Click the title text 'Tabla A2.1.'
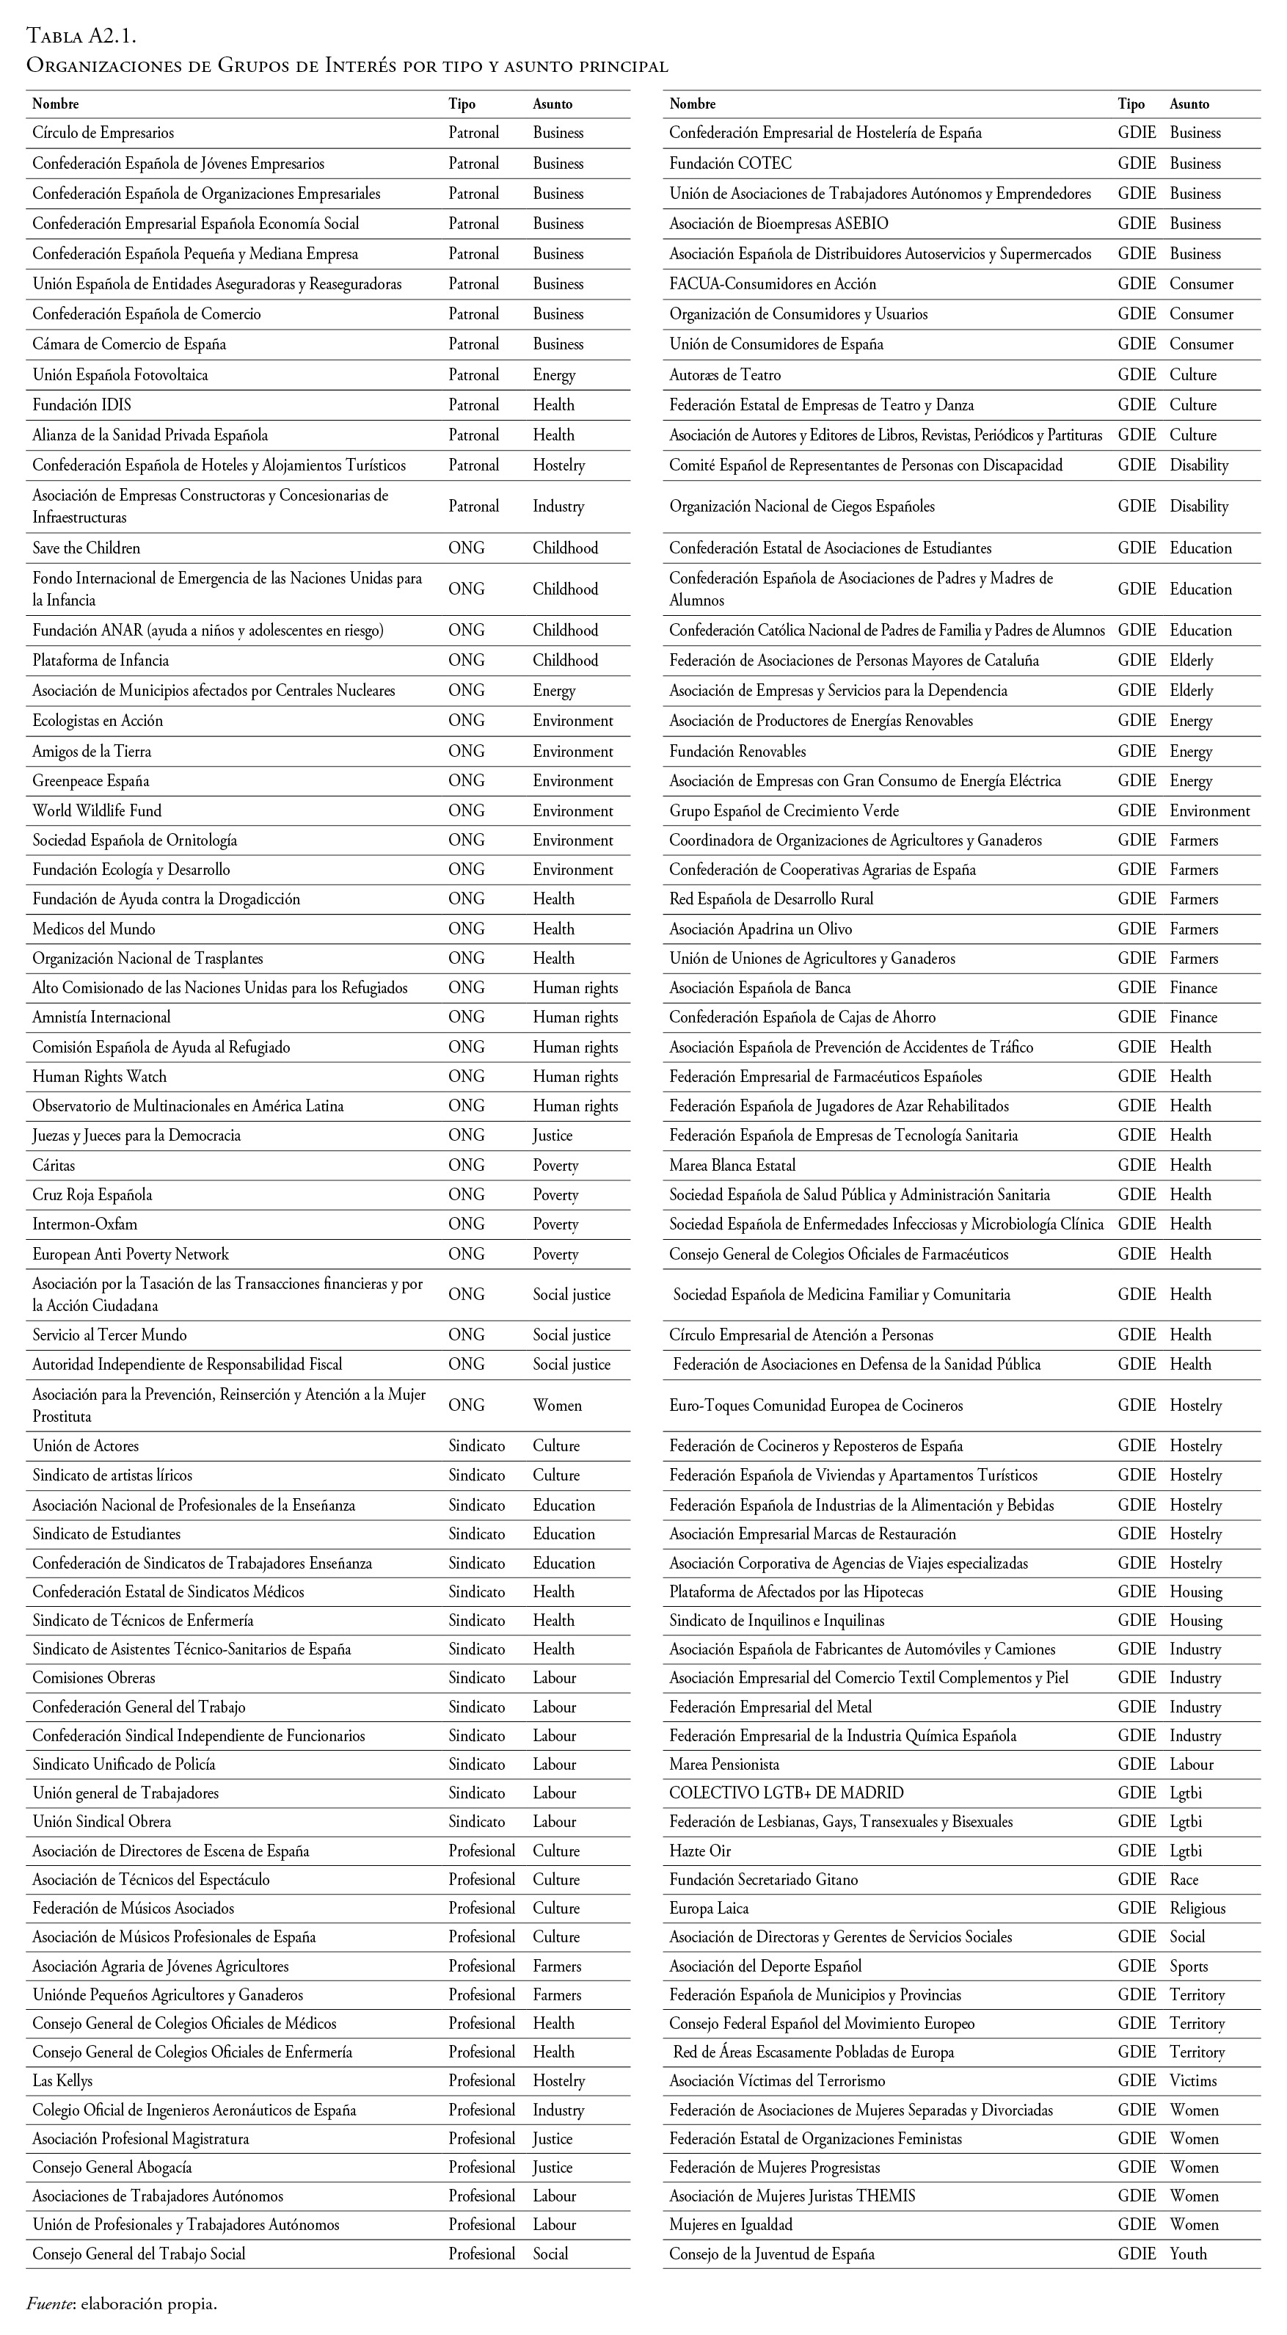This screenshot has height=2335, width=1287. pos(81,36)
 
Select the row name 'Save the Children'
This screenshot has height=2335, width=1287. pos(86,548)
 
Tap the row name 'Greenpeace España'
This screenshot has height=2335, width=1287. pos(91,780)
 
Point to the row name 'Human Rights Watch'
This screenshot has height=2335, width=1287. pos(100,1076)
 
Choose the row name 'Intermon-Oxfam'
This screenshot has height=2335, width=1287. pos(85,1224)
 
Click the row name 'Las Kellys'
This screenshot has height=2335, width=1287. pos(62,2080)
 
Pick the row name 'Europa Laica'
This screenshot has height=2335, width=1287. pos(709,1908)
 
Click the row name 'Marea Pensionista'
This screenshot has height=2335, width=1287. pos(724,1764)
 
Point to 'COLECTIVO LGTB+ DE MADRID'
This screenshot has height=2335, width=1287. pos(787,1793)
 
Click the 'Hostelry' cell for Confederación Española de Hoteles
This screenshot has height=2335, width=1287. pos(559,465)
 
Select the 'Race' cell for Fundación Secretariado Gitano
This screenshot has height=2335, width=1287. pos(1184,1879)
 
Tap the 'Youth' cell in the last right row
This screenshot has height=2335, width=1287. pos(1188,2254)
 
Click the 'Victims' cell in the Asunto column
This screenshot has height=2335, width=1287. pos(1193,2080)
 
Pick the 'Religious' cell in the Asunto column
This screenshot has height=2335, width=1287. pos(1197,1908)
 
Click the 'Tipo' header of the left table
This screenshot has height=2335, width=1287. pos(462,104)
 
